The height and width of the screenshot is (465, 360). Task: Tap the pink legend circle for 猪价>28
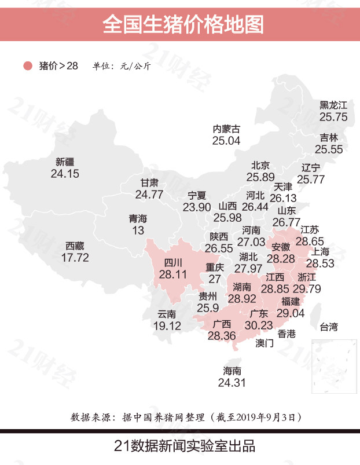[x=27, y=66]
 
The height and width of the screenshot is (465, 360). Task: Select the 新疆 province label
[x=65, y=162]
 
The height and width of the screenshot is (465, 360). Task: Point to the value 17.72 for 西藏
[x=75, y=258]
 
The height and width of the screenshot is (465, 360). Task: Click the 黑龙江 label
[x=333, y=105]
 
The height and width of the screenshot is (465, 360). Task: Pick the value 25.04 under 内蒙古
[x=226, y=140]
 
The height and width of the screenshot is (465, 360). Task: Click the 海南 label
[x=232, y=371]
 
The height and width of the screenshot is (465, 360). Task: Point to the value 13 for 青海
[x=138, y=230]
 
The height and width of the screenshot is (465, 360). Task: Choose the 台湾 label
[x=329, y=328]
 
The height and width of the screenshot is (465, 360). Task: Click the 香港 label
[x=286, y=334]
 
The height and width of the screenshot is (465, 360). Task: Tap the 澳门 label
[x=265, y=343]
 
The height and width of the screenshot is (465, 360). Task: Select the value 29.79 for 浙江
[x=307, y=288]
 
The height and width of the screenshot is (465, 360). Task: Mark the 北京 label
[x=260, y=166]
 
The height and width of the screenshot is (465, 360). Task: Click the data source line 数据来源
[x=185, y=417]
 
